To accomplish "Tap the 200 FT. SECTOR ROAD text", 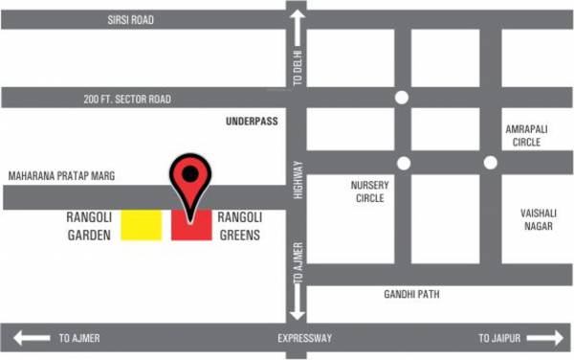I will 127,99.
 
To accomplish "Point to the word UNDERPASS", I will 251,122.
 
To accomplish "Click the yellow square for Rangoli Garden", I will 141,225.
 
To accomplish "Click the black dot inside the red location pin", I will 191,173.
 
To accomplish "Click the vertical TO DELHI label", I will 298,67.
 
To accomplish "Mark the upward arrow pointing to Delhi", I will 298,24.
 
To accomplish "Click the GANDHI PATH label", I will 411,294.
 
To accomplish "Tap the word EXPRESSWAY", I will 304,338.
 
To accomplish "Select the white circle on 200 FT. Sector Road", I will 402,98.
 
